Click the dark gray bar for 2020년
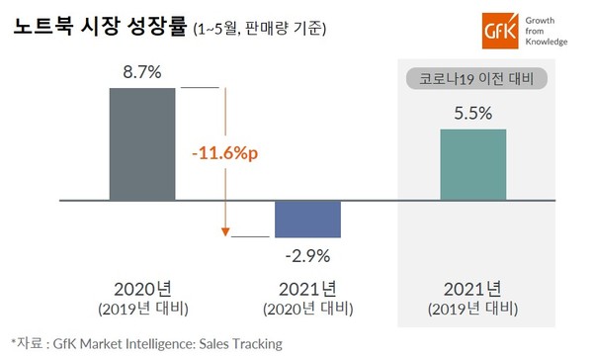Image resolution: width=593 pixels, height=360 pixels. coord(142,143)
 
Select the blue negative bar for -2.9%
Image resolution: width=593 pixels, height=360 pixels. coord(307,219)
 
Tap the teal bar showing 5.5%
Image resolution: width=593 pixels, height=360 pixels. coord(472,164)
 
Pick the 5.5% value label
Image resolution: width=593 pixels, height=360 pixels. coord(472,114)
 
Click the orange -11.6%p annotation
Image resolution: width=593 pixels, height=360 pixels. coord(225,155)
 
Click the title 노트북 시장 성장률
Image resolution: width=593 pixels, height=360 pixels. coord(83,28)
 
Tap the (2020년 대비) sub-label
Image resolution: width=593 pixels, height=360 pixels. coord(307,309)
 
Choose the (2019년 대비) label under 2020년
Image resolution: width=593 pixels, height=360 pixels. coord(142,309)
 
